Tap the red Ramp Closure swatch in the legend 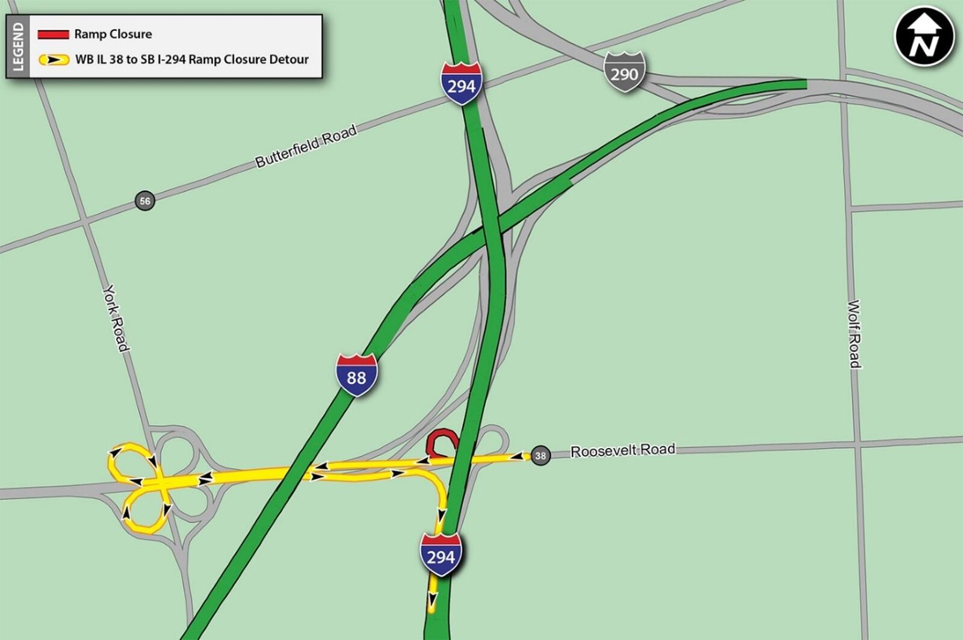point(53,34)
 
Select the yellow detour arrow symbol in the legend point(54,60)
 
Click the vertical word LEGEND point(18,47)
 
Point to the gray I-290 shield point(624,72)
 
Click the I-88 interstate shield point(356,376)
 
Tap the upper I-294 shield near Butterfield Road point(461,84)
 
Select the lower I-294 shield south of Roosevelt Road point(441,555)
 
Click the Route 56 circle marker point(145,200)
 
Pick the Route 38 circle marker point(540,456)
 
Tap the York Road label point(115,318)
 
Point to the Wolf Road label point(854,334)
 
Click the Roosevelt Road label point(622,450)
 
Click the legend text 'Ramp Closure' point(113,34)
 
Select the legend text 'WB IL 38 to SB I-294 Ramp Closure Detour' point(191,60)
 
